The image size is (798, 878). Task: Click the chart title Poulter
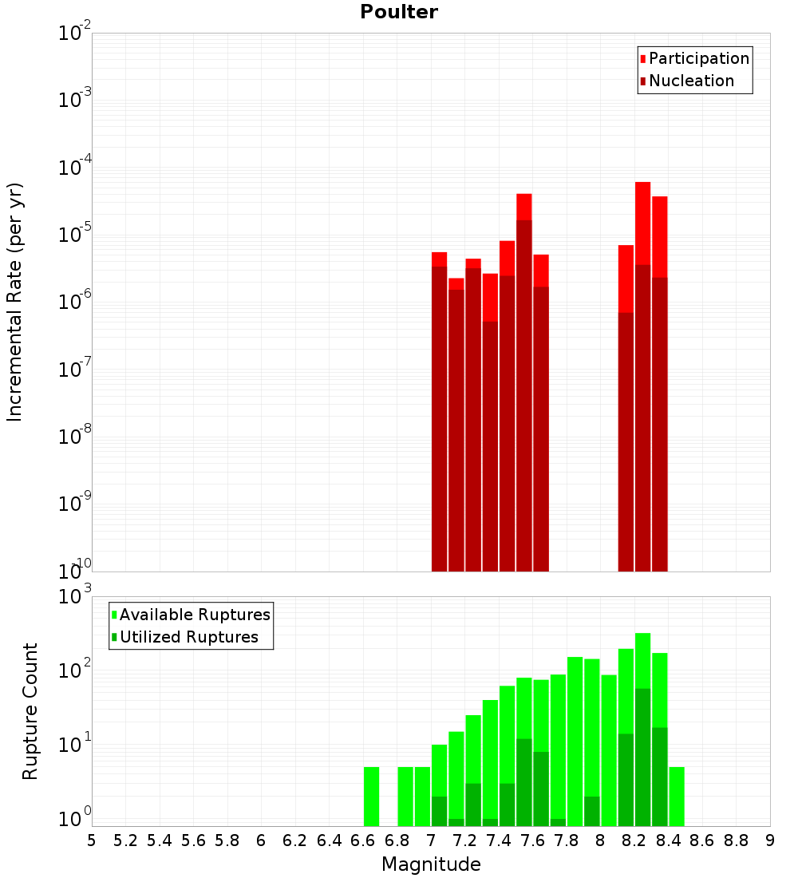pyautogui.click(x=398, y=12)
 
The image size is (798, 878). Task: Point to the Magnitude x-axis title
pyautogui.click(x=431, y=864)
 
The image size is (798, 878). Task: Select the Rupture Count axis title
pyautogui.click(x=30, y=711)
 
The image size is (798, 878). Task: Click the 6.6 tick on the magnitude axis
pyautogui.click(x=363, y=840)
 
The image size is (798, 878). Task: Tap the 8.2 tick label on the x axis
pyautogui.click(x=634, y=840)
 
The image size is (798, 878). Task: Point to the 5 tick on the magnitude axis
pyautogui.click(x=92, y=840)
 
